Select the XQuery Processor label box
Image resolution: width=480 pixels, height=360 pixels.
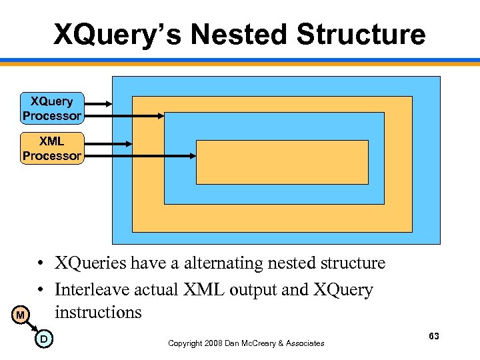[x=52, y=109]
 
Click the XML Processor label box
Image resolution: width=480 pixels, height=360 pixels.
[x=52, y=149]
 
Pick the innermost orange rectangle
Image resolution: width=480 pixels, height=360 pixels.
[x=282, y=162]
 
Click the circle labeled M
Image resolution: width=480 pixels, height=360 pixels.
[x=21, y=315]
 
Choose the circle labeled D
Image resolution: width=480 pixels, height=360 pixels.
[x=43, y=339]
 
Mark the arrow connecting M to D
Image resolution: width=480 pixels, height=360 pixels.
[x=32, y=327]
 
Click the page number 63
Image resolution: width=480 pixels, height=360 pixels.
[x=434, y=336]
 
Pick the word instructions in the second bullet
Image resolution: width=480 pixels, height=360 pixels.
[x=98, y=312]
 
